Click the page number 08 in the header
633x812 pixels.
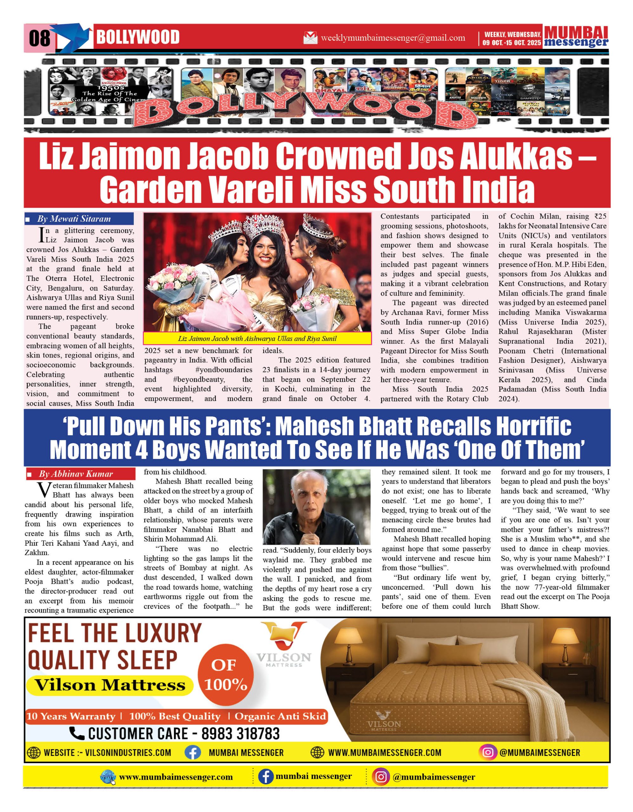coord(39,38)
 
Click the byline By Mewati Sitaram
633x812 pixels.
coord(74,219)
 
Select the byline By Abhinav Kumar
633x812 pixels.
coord(75,474)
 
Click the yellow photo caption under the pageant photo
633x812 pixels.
coord(257,338)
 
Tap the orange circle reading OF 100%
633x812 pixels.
coord(225,675)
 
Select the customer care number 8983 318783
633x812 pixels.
coord(240,734)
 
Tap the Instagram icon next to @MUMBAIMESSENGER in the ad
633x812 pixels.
coord(488,752)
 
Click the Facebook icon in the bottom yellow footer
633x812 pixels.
coord(266,777)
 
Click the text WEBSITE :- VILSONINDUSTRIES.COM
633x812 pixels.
coord(107,752)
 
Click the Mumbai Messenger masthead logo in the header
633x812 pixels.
coord(576,37)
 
